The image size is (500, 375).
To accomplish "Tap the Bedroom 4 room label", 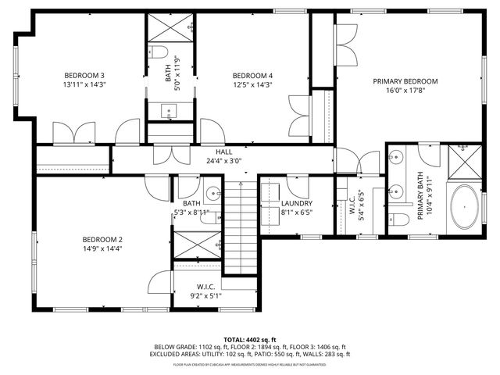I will (252, 75).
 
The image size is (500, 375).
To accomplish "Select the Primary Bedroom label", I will (405, 81).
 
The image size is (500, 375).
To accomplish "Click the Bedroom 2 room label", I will (102, 239).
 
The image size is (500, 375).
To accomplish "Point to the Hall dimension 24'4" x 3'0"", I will (223, 161).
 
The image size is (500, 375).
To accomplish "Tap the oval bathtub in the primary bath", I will (465, 206).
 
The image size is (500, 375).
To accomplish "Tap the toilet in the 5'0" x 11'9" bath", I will (159, 52).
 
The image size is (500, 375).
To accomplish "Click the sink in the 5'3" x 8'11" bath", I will (213, 192).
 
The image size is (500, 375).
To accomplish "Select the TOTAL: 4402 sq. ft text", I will (249, 339).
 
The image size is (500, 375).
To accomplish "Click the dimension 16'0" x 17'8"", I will (405, 91).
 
